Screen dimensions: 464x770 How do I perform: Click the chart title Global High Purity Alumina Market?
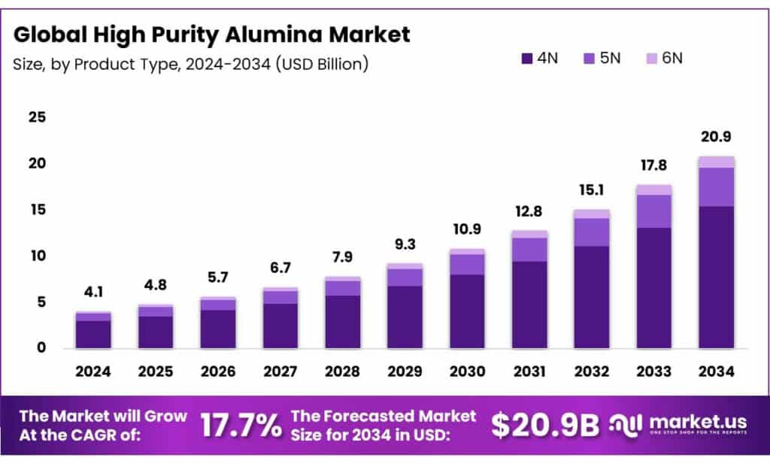212,34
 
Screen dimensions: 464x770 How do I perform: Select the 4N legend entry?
538,58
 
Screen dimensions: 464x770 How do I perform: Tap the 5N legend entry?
602,58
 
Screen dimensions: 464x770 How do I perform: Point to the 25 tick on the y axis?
37,117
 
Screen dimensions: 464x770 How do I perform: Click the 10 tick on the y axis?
37,256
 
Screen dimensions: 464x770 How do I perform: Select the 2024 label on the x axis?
93,371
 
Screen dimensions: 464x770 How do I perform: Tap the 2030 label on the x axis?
467,371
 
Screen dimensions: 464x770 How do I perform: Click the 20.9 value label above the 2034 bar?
717,137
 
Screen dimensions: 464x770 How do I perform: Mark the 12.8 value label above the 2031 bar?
529,212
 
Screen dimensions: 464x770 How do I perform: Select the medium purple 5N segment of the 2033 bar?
654,211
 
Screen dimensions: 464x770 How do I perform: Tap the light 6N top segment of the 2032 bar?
592,214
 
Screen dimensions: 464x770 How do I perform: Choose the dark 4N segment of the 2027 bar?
280,326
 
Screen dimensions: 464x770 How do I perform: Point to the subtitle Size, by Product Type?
190,65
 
